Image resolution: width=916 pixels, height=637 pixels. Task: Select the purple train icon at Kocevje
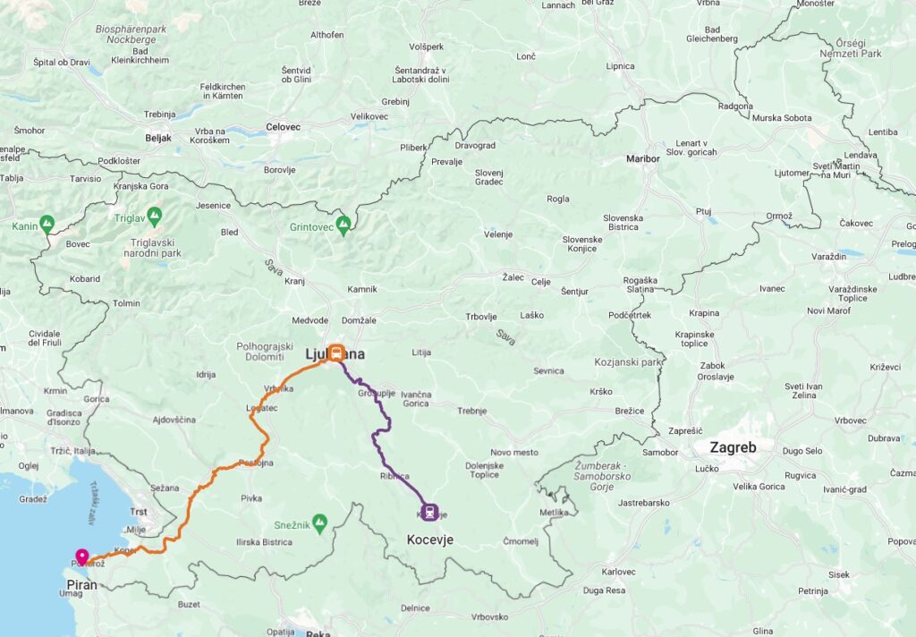click(431, 512)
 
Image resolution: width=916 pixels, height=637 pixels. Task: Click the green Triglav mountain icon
click(154, 216)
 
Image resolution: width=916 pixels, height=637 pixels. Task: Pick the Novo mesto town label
click(514, 453)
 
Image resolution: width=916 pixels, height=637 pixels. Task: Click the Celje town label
click(540, 282)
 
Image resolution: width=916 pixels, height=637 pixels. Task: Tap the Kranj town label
click(294, 281)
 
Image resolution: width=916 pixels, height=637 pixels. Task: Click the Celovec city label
click(283, 127)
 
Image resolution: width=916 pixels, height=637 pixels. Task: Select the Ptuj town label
click(703, 211)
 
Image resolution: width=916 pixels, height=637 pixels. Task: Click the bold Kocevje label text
click(430, 539)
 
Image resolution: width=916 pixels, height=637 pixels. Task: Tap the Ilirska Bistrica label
click(264, 541)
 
